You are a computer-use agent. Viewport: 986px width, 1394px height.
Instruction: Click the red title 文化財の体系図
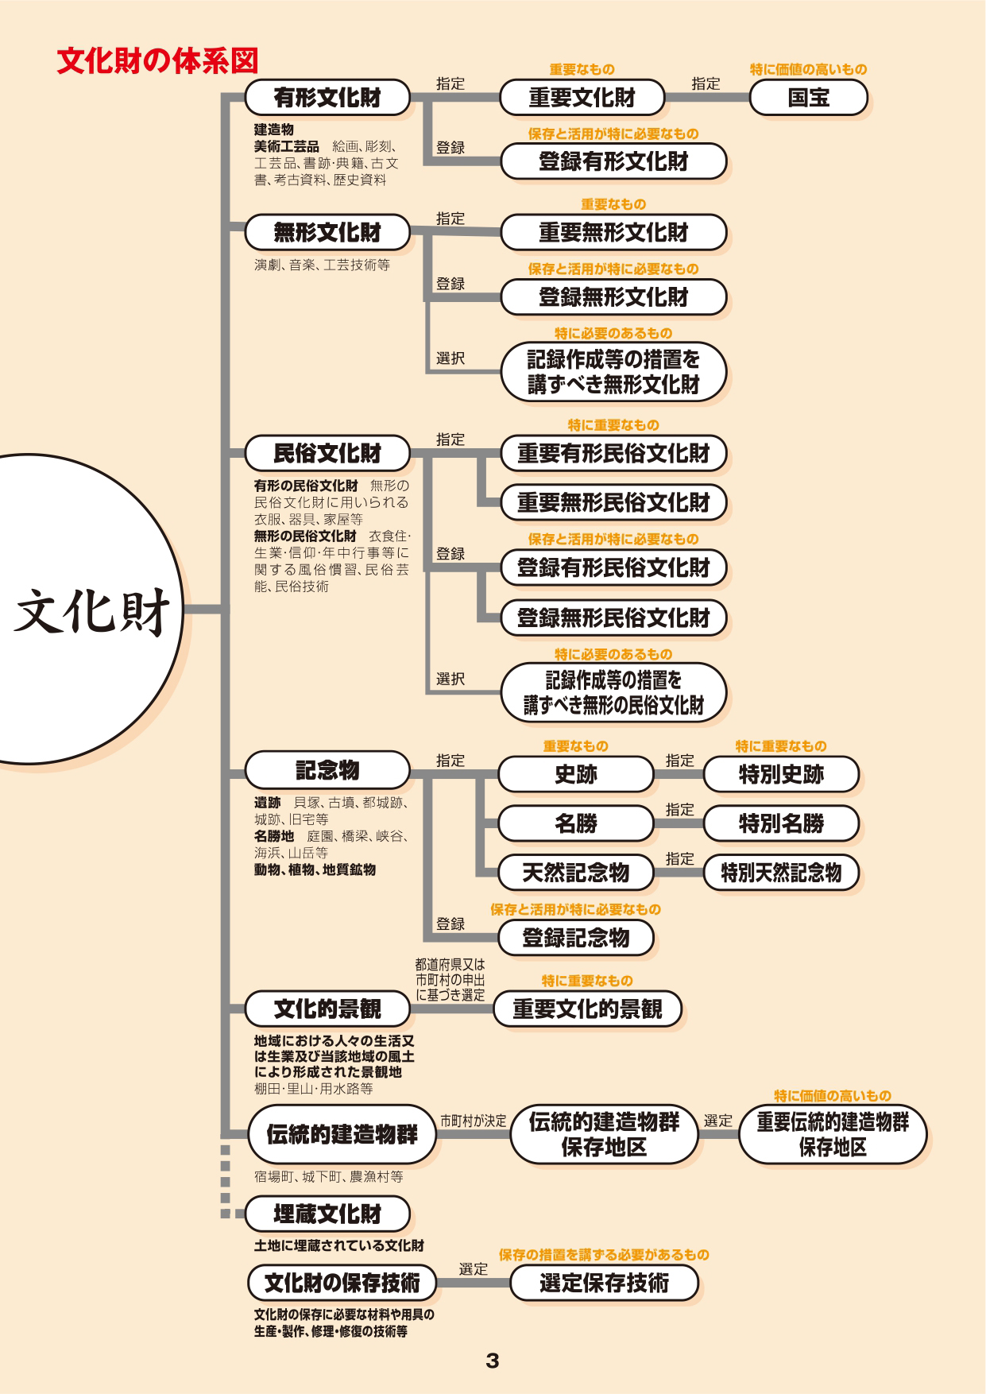(x=157, y=61)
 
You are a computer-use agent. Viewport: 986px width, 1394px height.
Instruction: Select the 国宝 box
(x=808, y=98)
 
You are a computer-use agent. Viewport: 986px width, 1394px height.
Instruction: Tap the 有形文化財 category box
(x=327, y=98)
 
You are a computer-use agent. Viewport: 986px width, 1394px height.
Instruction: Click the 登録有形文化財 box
(x=613, y=161)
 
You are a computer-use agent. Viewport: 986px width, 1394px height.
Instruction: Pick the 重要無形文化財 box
(x=613, y=233)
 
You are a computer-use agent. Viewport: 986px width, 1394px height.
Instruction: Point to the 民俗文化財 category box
(x=327, y=453)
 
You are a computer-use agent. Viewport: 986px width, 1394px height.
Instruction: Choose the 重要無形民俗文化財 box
(x=613, y=502)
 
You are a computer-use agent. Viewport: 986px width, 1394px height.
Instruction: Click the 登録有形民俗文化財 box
(x=613, y=567)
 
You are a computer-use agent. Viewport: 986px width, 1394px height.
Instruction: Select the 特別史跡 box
(x=781, y=774)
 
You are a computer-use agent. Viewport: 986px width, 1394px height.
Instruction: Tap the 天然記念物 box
(x=576, y=873)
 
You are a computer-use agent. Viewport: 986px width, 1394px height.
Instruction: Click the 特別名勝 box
(x=781, y=823)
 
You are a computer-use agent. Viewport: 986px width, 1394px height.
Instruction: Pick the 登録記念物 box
(x=576, y=938)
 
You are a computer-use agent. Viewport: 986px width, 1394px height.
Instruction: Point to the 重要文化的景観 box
(x=587, y=1009)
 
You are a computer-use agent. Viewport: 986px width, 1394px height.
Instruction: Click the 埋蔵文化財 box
(x=327, y=1214)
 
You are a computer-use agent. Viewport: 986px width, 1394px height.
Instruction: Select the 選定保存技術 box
(x=604, y=1283)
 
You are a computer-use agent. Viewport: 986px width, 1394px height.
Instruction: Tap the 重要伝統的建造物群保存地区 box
(x=832, y=1134)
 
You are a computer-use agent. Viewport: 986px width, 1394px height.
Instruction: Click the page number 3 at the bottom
(x=493, y=1361)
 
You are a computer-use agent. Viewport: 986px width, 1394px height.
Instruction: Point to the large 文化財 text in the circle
(x=92, y=612)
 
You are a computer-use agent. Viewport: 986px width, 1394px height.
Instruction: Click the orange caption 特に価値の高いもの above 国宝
(x=808, y=69)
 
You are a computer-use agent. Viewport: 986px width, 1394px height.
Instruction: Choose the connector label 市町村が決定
(x=474, y=1121)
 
